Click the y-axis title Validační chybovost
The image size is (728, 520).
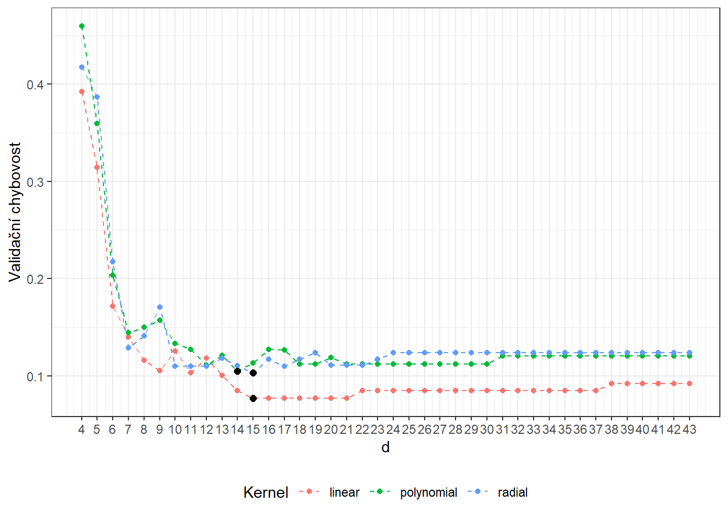pyautogui.click(x=15, y=212)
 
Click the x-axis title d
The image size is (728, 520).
pyautogui.click(x=385, y=447)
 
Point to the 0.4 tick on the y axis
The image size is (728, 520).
pyautogui.click(x=36, y=85)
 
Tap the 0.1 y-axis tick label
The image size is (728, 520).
pyautogui.click(x=36, y=376)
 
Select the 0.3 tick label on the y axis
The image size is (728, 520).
pyautogui.click(x=36, y=182)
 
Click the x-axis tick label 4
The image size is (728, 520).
pyautogui.click(x=81, y=430)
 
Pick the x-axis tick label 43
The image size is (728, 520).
pyautogui.click(x=689, y=430)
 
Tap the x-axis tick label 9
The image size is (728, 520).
pyautogui.click(x=160, y=430)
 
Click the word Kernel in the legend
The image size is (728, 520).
pyautogui.click(x=265, y=492)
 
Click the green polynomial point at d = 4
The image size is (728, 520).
pyautogui.click(x=82, y=26)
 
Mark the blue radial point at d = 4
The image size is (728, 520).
pyautogui.click(x=82, y=67)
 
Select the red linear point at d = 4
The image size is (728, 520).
pyautogui.click(x=82, y=92)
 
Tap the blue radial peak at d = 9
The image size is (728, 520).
pyautogui.click(x=160, y=307)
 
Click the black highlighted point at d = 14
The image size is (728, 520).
pyautogui.click(x=237, y=371)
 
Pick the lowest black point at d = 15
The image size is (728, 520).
pyautogui.click(x=253, y=398)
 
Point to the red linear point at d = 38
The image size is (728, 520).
pyautogui.click(x=611, y=383)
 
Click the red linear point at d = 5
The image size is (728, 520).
pyautogui.click(x=97, y=167)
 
